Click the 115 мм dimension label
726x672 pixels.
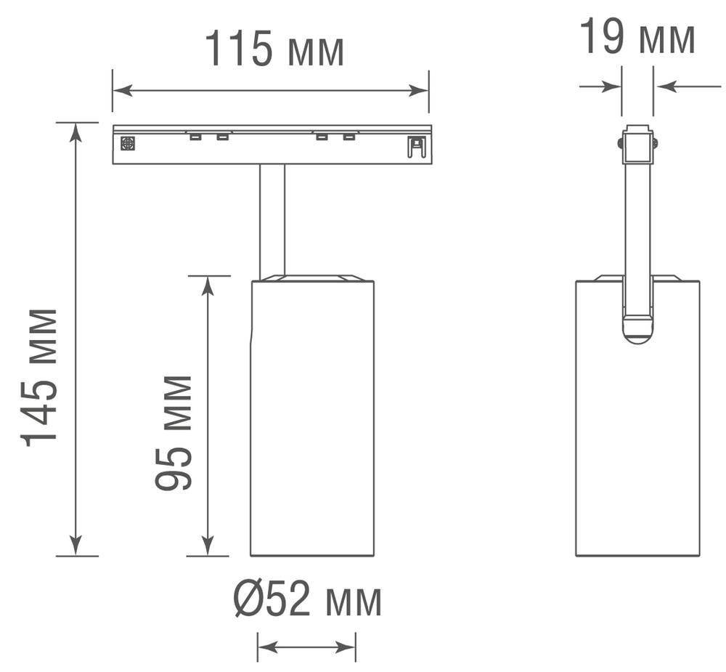274,49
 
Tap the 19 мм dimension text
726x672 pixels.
637,38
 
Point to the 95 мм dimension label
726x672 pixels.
174,433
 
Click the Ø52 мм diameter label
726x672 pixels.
307,601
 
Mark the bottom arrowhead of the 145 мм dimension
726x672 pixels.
76,546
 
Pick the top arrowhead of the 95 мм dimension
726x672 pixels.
208,286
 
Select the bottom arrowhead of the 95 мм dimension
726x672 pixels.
208,546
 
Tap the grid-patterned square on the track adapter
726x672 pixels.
128,144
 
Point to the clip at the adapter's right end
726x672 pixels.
415,146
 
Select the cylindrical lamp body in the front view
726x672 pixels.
312,418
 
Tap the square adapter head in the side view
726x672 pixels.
637,145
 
